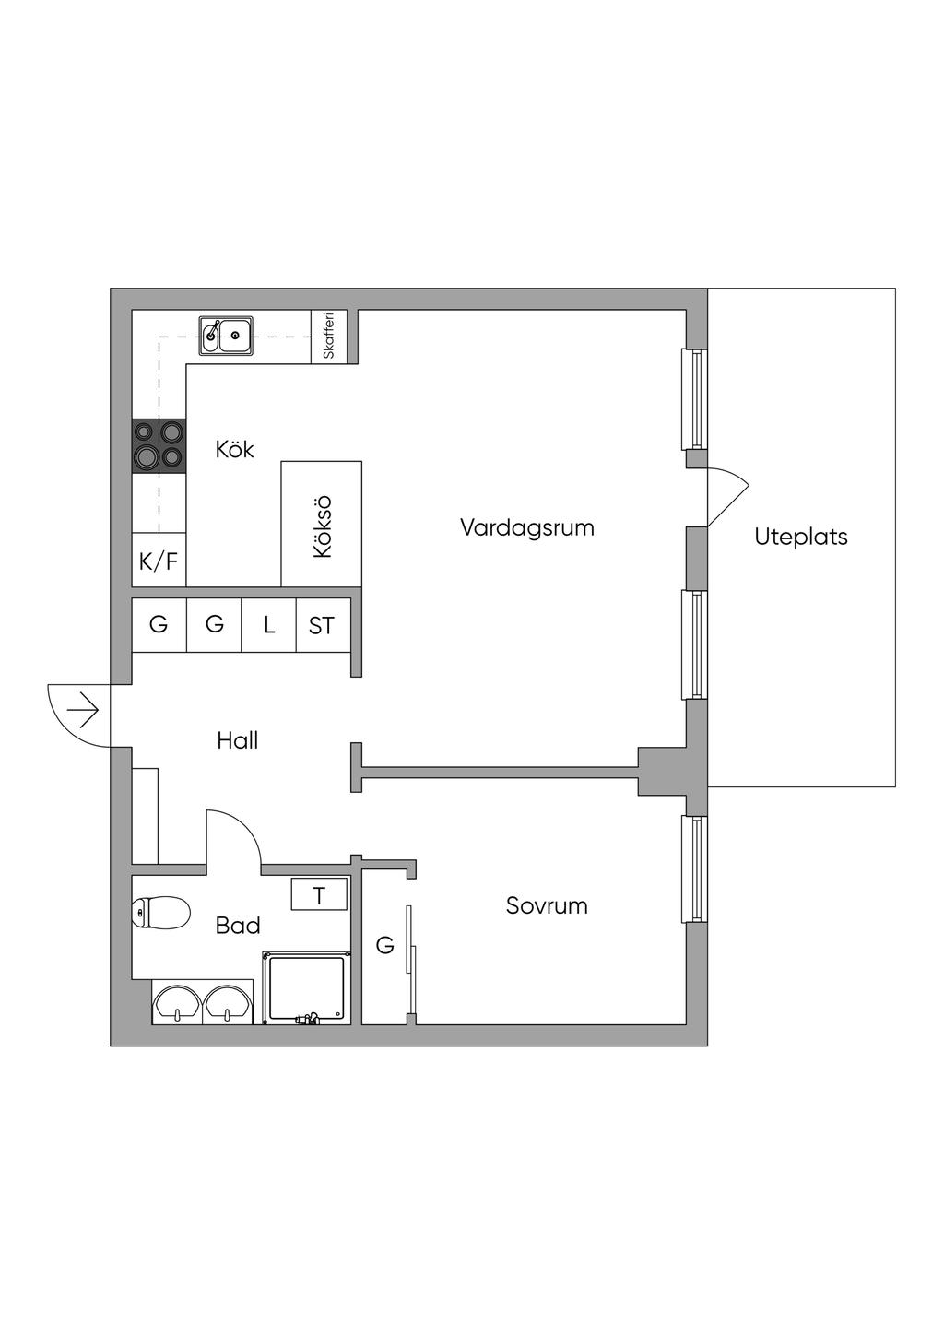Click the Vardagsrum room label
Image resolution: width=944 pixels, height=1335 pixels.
tap(526, 528)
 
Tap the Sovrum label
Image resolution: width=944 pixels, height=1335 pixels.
tap(547, 905)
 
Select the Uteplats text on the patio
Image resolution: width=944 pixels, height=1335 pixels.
tap(800, 537)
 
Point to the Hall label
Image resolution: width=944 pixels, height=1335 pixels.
tap(237, 740)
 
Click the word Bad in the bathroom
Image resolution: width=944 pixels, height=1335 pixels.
tap(237, 926)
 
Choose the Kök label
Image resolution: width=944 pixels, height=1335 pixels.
tap(234, 450)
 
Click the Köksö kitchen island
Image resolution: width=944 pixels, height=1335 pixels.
tap(321, 525)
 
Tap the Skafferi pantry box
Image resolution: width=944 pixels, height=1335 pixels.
tap(329, 337)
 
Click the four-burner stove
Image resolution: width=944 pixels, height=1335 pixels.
tap(159, 445)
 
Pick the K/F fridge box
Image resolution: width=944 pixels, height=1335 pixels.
tap(159, 561)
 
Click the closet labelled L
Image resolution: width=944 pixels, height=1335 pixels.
tap(269, 625)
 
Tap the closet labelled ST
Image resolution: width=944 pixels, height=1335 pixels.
tap(322, 626)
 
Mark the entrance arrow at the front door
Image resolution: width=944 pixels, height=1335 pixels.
tap(84, 711)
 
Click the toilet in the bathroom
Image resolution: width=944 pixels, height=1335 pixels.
tap(160, 913)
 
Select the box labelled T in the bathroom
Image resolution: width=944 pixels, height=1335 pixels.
tap(319, 895)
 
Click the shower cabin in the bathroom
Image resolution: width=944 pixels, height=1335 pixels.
tap(306, 988)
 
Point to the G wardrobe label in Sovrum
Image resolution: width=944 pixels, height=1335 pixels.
tap(385, 945)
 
